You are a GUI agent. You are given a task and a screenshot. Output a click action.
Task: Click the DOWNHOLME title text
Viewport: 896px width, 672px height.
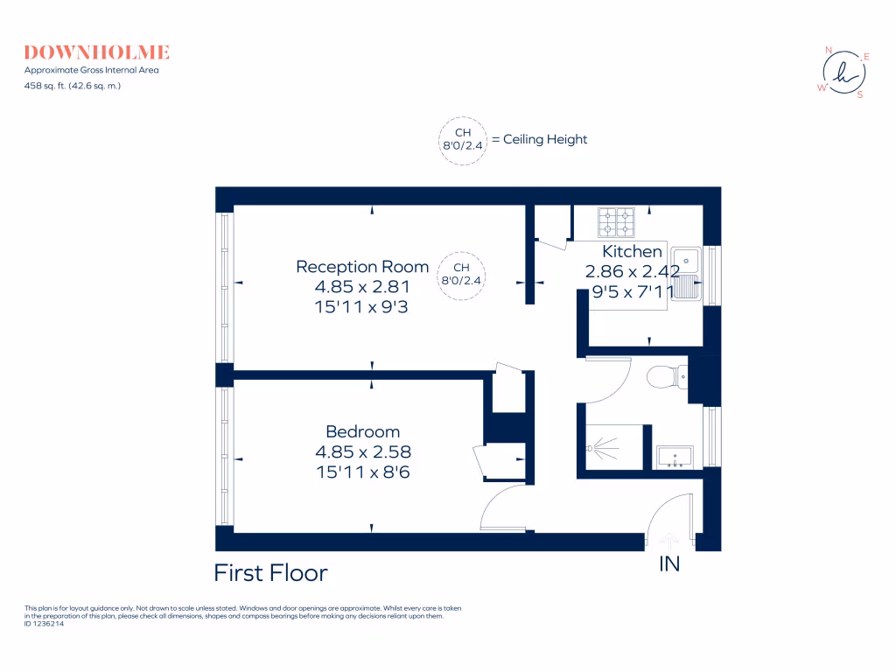(97, 52)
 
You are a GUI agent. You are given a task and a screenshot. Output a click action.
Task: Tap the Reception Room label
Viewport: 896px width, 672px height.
(362, 267)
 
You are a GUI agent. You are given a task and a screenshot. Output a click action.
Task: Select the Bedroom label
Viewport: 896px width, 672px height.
(362, 431)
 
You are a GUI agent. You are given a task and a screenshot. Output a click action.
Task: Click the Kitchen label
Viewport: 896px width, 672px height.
(632, 252)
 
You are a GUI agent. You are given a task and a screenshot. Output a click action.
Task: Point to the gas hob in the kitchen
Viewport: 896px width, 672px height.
(616, 222)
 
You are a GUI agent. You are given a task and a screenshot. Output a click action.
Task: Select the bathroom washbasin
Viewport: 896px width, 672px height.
(674, 457)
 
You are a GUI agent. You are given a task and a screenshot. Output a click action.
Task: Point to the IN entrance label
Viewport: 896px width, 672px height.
(669, 565)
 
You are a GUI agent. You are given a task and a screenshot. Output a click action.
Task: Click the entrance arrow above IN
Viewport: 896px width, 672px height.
(669, 541)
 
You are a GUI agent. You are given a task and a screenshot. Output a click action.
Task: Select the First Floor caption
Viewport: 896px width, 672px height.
(270, 573)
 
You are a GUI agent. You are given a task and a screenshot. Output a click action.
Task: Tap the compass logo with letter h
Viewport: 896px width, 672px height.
(843, 73)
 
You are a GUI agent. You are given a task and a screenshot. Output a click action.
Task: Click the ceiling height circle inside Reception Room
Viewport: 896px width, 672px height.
(461, 275)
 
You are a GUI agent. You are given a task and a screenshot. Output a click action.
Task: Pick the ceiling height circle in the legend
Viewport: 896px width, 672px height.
(461, 140)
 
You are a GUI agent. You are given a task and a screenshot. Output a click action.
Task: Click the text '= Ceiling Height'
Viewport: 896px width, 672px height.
(539, 140)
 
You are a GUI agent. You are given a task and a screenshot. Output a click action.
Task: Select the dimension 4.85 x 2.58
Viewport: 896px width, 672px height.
(362, 452)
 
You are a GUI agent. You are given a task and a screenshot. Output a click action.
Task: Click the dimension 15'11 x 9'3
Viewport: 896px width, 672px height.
(362, 307)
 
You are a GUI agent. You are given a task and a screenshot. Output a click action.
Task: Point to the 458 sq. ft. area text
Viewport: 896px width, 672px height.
(73, 85)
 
